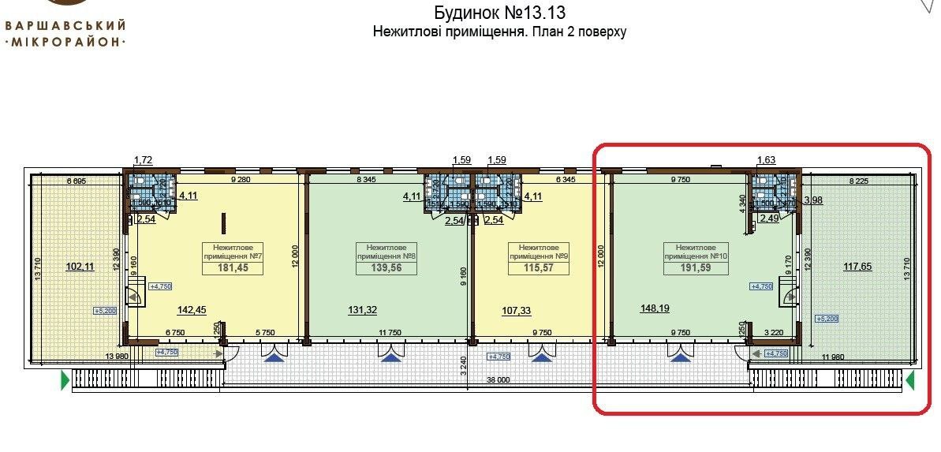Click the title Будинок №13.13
tap(500, 13)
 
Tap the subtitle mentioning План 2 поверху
tap(500, 32)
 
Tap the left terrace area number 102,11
tap(79, 267)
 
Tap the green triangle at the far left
tap(64, 383)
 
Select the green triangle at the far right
tap(909, 383)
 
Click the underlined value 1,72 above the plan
tap(144, 161)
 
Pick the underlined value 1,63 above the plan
tap(767, 161)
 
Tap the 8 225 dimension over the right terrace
tap(861, 181)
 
